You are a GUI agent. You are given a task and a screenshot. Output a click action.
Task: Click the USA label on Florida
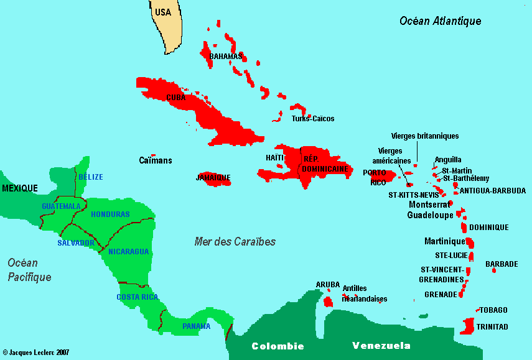(x=162, y=12)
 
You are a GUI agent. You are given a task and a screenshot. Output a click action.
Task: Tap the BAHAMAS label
(x=225, y=57)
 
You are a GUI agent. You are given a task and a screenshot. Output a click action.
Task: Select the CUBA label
(x=176, y=98)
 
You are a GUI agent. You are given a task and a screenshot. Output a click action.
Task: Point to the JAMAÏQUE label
(x=213, y=177)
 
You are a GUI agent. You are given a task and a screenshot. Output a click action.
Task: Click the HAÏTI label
(x=274, y=158)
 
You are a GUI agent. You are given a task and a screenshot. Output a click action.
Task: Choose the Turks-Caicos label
(x=313, y=119)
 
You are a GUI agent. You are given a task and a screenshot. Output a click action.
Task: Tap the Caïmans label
(x=155, y=160)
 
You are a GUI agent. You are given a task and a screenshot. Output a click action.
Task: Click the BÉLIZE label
(x=91, y=177)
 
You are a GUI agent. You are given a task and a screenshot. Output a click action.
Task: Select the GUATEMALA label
(x=61, y=206)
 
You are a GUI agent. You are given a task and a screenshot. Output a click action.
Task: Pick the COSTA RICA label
(x=138, y=297)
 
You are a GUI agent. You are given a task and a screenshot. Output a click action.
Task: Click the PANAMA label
(x=196, y=326)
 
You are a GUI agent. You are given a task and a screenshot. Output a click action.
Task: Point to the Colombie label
(x=278, y=346)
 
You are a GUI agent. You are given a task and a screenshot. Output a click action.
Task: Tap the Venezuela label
(x=381, y=346)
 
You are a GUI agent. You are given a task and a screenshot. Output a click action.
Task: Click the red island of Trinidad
(x=469, y=325)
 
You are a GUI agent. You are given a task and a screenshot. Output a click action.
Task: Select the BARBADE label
(x=502, y=264)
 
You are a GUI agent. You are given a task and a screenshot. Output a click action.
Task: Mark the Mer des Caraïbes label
(x=235, y=241)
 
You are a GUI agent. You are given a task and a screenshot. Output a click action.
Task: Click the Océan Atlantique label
(x=440, y=21)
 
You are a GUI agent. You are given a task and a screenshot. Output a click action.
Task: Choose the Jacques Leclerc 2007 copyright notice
(x=35, y=353)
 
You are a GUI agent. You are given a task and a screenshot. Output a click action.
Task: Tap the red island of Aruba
(x=328, y=302)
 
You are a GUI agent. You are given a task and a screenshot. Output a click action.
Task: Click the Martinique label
(x=444, y=241)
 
